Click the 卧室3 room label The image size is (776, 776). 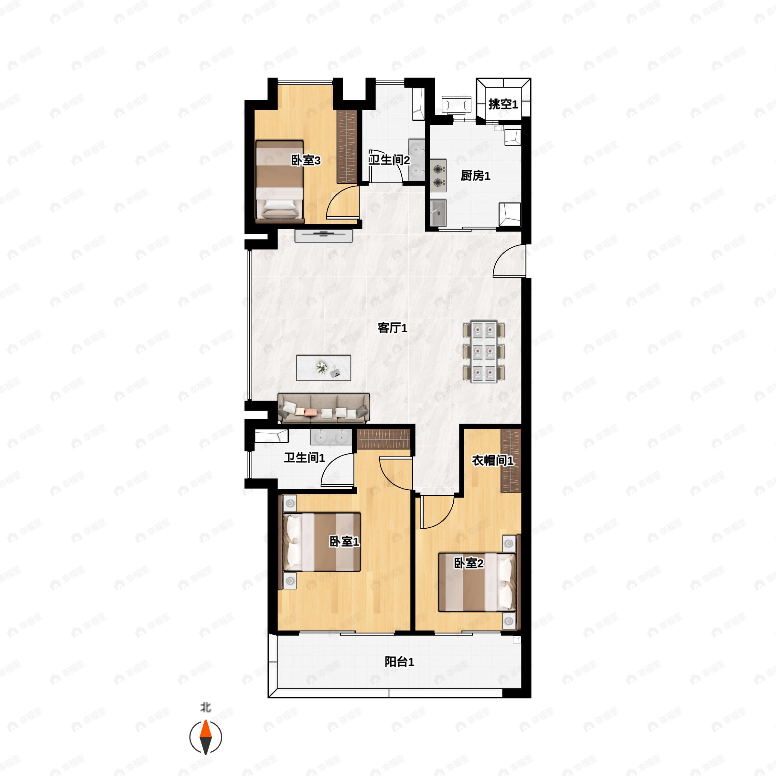click(306, 161)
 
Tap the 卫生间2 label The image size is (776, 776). click(389, 160)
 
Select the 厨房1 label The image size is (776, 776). click(475, 176)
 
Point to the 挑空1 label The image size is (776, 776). click(503, 104)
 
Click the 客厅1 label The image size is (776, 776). click(393, 328)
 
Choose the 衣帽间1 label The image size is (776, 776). click(492, 460)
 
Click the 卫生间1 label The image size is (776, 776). click(304, 458)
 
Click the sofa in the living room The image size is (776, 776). click(323, 408)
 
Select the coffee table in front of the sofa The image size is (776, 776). click(323, 368)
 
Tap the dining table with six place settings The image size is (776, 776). click(484, 351)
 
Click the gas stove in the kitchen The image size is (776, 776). click(438, 176)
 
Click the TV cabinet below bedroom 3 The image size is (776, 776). click(323, 235)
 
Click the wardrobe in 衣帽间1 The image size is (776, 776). click(511, 460)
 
